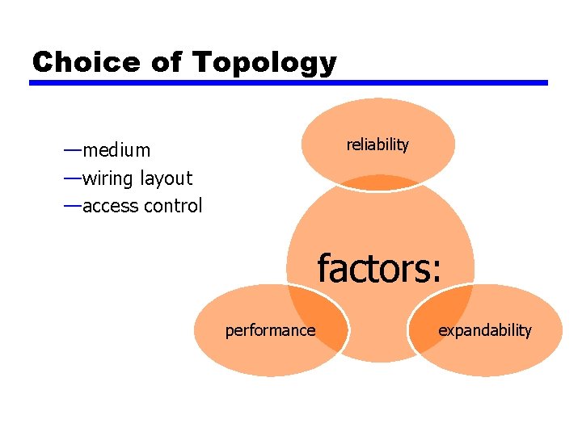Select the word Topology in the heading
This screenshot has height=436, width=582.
[264, 63]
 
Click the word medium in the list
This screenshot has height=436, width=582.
[116, 150]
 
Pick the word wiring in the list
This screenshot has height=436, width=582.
[109, 178]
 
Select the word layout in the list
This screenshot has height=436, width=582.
[167, 178]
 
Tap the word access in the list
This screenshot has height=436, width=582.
[110, 206]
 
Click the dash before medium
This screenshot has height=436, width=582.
[72, 149]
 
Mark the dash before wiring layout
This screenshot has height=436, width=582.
[72, 177]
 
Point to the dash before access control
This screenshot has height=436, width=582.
[72, 205]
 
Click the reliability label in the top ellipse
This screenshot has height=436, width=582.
[377, 145]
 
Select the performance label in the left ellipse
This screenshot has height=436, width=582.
[270, 330]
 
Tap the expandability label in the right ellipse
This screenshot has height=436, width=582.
[485, 330]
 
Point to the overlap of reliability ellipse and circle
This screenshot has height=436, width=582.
[378, 182]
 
